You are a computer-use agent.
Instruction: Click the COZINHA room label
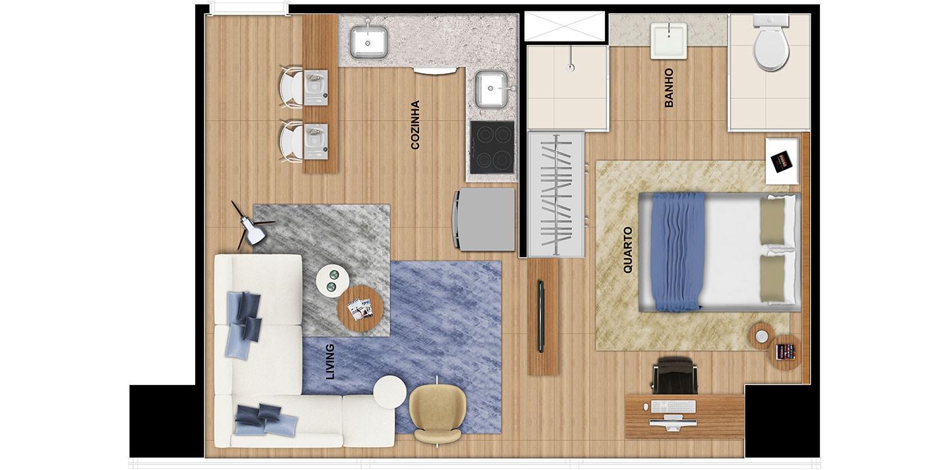click(x=415, y=125)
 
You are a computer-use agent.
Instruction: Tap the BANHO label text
click(x=669, y=88)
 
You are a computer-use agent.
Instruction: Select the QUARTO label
click(x=628, y=250)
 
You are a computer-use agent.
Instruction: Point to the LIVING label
click(x=330, y=361)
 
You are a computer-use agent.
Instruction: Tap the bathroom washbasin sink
click(x=668, y=41)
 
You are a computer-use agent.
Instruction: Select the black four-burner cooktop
click(x=492, y=147)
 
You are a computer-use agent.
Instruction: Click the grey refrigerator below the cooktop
click(x=484, y=220)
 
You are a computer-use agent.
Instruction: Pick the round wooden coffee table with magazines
click(x=360, y=309)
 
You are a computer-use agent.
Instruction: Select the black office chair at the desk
click(x=676, y=375)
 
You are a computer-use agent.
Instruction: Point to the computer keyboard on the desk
click(x=674, y=407)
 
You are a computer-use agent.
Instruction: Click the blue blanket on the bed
click(x=679, y=251)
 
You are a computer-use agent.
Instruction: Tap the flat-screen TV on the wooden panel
click(x=542, y=316)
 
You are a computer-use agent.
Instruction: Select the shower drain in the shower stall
click(x=571, y=67)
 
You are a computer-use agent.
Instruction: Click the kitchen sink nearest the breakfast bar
click(x=368, y=42)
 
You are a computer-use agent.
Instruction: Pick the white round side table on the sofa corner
click(x=390, y=392)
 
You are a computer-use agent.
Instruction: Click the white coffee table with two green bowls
click(x=333, y=281)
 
